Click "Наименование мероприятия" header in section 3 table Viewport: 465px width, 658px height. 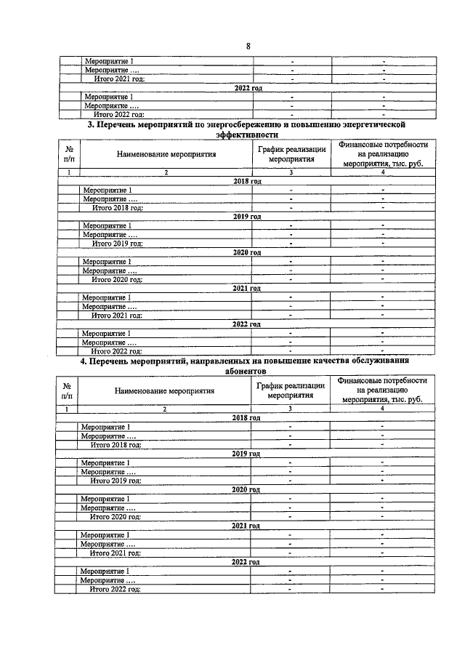tap(165, 154)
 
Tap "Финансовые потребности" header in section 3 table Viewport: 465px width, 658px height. tap(382, 145)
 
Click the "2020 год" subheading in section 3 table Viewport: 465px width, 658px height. tap(247, 252)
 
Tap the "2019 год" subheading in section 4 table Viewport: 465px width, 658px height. tap(246, 453)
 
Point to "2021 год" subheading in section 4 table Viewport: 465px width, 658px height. tap(246, 525)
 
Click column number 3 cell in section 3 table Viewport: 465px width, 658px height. tap(291, 172)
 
